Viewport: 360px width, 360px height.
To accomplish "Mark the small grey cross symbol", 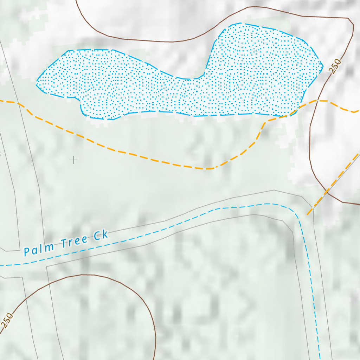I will pyautogui.click(x=73, y=160).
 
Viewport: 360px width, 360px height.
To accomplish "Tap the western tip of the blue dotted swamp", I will pyautogui.click(x=37, y=83).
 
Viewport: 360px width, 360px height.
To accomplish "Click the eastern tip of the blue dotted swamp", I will pyautogui.click(x=323, y=65).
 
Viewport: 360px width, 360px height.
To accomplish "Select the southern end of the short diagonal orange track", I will pyautogui.click(x=308, y=214).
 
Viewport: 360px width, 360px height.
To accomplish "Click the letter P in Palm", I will pyautogui.click(x=27, y=252).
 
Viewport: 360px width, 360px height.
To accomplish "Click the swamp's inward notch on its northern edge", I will pyautogui.click(x=197, y=78).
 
